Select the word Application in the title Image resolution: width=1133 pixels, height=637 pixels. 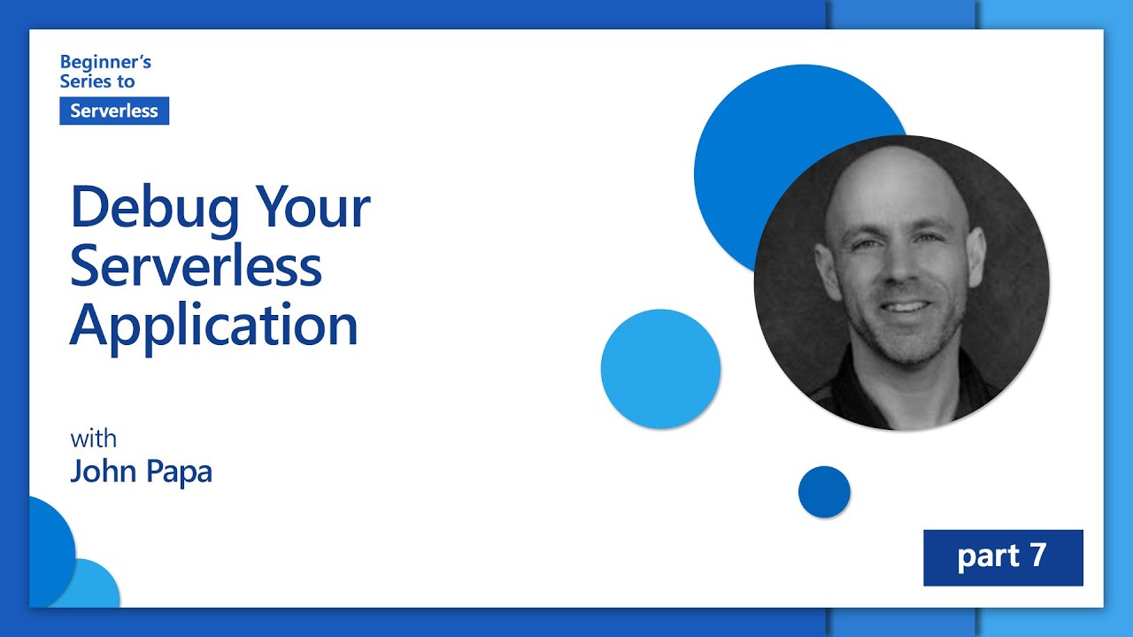[x=213, y=325]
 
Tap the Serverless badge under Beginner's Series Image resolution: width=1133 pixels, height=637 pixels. [x=114, y=111]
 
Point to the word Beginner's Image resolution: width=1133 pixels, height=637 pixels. [x=105, y=62]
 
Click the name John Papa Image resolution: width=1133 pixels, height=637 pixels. [x=141, y=472]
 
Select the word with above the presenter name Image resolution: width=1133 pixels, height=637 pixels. [x=93, y=439]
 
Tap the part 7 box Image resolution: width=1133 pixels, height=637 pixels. [x=1003, y=557]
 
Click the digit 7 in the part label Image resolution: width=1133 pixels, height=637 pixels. [x=1037, y=556]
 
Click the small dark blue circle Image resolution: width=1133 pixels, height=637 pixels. [x=824, y=492]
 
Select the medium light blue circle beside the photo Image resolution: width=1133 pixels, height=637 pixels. [x=660, y=369]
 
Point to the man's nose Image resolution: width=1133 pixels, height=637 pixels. [x=898, y=274]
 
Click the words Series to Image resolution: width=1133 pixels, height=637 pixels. [x=97, y=81]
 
